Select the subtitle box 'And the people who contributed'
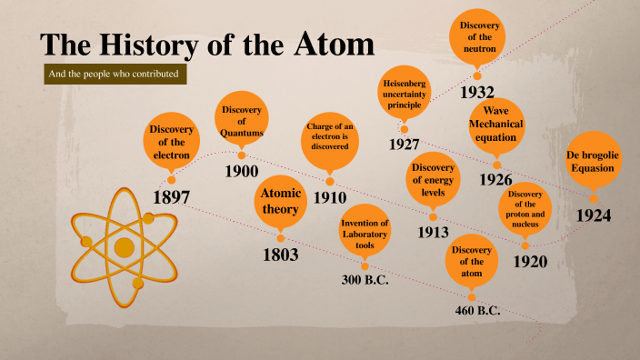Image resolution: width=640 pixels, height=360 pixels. pyautogui.click(x=116, y=73)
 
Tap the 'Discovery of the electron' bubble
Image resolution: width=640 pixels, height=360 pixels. pyautogui.click(x=171, y=142)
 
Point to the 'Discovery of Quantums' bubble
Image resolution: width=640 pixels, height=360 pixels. pyautogui.click(x=242, y=122)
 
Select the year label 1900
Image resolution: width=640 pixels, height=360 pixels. pyautogui.click(x=242, y=171)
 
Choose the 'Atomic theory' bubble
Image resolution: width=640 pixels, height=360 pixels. pyautogui.click(x=280, y=201)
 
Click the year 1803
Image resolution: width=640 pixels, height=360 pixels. pyautogui.click(x=281, y=255)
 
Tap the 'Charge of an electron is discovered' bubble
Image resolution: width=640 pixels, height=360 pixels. pyautogui.click(x=330, y=143)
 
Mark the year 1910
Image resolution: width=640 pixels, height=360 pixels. pyautogui.click(x=331, y=197)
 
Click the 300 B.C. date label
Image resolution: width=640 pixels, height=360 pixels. pyautogui.click(x=365, y=280)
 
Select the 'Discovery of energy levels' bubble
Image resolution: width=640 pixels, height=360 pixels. pyautogui.click(x=433, y=180)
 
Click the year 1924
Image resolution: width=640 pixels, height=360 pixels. pyautogui.click(x=594, y=215)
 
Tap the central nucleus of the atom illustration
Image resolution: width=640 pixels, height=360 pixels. pyautogui.click(x=125, y=248)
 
